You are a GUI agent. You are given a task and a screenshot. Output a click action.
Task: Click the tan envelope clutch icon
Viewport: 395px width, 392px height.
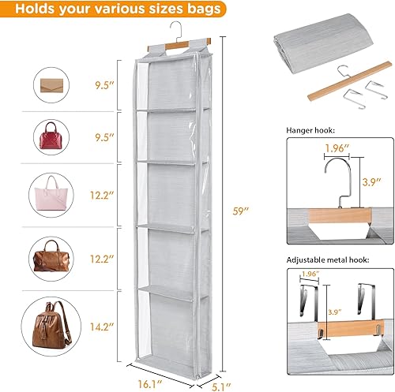tap(51, 85)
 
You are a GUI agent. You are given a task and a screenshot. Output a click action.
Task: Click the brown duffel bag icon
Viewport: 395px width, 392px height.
tap(51, 256)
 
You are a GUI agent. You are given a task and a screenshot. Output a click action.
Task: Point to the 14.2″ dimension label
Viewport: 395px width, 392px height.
tap(102, 327)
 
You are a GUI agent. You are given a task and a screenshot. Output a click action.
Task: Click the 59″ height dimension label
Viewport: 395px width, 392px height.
tap(241, 211)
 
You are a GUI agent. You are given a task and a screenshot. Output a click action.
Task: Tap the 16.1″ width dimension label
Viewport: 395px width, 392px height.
tap(149, 384)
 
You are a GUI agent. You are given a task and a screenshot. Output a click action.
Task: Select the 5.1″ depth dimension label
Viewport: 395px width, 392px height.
tap(221, 386)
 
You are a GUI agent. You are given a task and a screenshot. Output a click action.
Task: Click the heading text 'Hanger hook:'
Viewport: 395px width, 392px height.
tap(310, 130)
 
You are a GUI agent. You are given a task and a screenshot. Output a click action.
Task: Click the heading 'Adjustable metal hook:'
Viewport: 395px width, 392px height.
tap(328, 260)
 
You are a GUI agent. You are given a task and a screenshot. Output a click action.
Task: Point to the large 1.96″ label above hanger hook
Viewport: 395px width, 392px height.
tap(337, 148)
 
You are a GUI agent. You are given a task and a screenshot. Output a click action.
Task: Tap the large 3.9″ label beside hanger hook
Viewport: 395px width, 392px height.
tap(371, 182)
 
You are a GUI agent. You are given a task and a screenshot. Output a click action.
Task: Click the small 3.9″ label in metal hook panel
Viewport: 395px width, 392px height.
tap(334, 312)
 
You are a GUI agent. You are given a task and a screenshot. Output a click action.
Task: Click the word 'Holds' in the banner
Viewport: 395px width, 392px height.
tap(35, 9)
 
